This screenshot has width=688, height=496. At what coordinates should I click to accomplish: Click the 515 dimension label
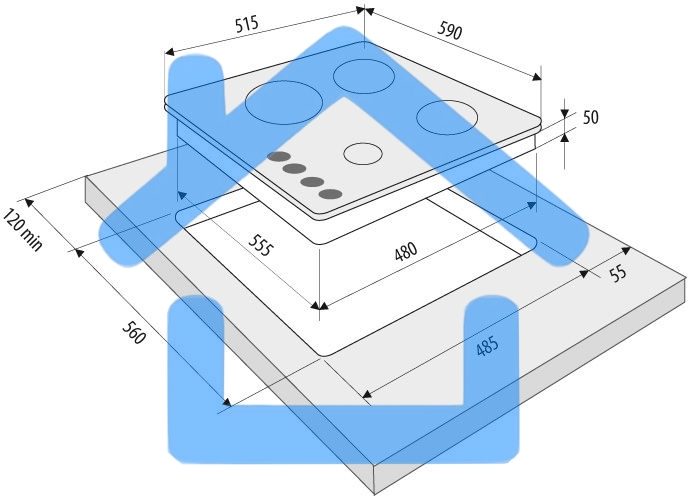click(x=247, y=25)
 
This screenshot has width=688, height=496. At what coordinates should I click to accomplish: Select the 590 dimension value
click(x=450, y=31)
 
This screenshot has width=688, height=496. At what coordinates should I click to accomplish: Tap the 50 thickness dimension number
click(x=591, y=117)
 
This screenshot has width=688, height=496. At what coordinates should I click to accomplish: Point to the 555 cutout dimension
click(x=261, y=245)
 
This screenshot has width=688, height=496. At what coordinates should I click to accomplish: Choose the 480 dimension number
click(x=406, y=252)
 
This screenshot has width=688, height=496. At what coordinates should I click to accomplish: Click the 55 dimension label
click(x=618, y=273)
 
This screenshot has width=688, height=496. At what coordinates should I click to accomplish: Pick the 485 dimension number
click(x=487, y=346)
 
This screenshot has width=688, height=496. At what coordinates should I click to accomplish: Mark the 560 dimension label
click(x=133, y=332)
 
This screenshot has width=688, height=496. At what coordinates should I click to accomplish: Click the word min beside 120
click(x=31, y=240)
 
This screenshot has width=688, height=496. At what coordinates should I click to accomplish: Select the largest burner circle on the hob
click(x=284, y=102)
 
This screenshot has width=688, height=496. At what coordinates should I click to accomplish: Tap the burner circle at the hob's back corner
click(x=365, y=76)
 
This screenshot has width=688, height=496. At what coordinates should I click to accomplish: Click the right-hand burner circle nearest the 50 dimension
click(x=447, y=117)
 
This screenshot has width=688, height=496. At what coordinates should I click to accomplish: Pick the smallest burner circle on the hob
click(x=362, y=154)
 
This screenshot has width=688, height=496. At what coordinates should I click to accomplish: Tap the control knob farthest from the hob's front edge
click(x=279, y=157)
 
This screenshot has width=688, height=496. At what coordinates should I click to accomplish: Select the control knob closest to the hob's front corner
click(x=331, y=194)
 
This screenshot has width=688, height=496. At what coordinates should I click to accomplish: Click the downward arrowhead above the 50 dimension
click(x=564, y=112)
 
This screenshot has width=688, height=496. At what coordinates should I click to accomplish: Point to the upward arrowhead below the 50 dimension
click(x=565, y=138)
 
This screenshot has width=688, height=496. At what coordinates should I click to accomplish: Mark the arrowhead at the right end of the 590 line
click(x=537, y=77)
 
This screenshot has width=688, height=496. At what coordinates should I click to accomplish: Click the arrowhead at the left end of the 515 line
click(x=170, y=52)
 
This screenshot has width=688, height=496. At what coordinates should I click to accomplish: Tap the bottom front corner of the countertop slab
click(x=374, y=492)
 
